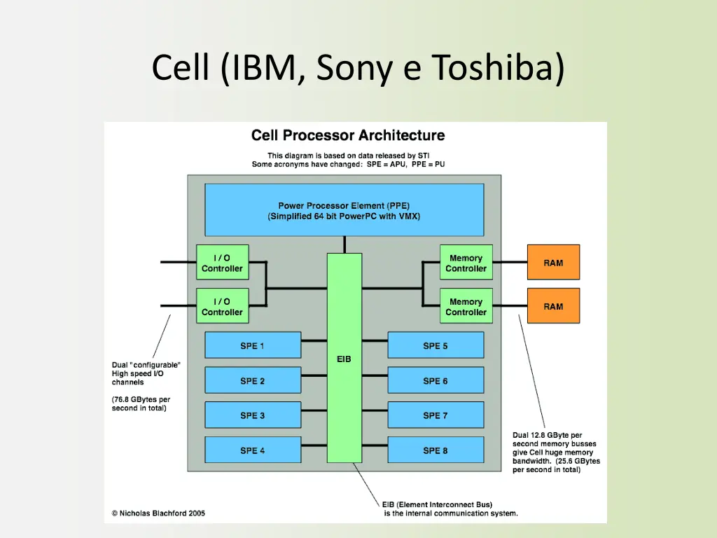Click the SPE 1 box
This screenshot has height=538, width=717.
tap(253, 345)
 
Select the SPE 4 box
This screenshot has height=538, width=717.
tap(253, 450)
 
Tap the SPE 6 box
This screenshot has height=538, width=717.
tap(436, 380)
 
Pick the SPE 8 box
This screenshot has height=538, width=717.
tap(436, 450)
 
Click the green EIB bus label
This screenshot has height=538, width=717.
tap(344, 359)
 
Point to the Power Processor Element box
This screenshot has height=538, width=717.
tap(344, 210)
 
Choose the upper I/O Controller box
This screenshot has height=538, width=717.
tap(223, 263)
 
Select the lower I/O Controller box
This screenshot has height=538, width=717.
tap(223, 306)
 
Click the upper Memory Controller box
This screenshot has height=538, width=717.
tap(466, 263)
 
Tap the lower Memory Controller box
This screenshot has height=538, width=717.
tap(466, 306)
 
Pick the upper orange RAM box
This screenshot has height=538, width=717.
tap(553, 263)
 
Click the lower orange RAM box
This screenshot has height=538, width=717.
tap(553, 306)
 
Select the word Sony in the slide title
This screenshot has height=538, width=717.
tap(354, 69)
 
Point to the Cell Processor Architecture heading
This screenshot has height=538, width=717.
tap(348, 135)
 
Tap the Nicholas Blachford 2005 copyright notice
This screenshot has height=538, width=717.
tap(158, 513)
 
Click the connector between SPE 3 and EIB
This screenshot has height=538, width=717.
tap(314, 411)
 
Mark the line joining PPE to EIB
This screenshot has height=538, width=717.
tap(344, 244)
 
